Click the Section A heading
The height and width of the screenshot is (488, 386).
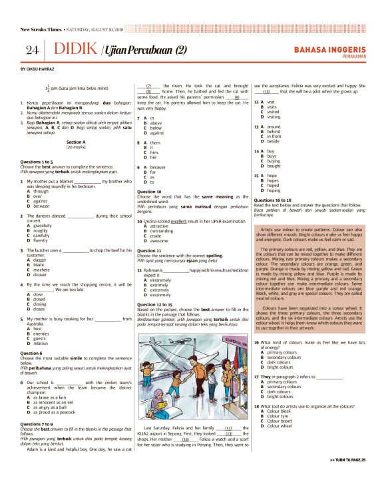[x=76, y=142]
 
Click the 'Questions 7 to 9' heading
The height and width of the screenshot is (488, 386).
[x=41, y=423]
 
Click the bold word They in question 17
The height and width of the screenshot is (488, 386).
[x=260, y=377]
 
